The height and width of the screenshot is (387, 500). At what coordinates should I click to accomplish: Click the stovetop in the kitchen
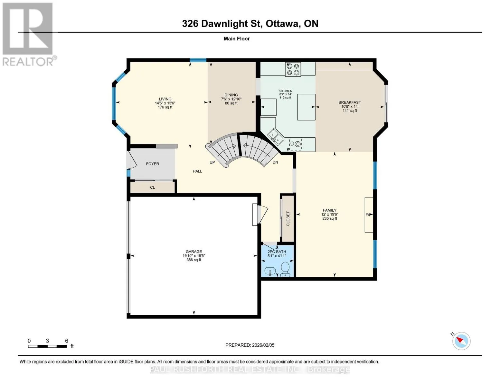click(x=293, y=69)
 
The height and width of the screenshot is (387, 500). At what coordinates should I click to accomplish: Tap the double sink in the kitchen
click(x=275, y=137)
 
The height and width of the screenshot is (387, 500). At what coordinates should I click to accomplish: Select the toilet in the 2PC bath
click(x=285, y=269)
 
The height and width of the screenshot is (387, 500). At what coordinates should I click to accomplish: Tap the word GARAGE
click(x=194, y=252)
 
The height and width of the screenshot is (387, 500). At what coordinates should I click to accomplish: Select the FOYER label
click(x=152, y=164)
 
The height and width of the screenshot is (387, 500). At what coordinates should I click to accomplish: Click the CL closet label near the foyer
click(x=152, y=187)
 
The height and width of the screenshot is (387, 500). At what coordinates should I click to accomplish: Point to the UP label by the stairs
click(x=212, y=162)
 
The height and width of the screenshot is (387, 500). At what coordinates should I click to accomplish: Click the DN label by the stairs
click(x=275, y=162)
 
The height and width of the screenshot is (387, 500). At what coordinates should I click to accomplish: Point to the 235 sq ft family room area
click(x=329, y=218)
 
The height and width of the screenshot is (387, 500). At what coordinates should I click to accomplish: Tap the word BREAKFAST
click(x=350, y=102)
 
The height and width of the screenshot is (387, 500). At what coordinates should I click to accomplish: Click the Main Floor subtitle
click(x=237, y=39)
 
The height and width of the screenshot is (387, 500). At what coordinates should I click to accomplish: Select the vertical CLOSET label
click(x=288, y=219)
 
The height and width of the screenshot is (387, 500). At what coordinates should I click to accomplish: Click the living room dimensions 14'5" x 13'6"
click(x=165, y=103)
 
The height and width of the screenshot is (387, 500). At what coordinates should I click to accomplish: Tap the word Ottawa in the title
click(x=282, y=24)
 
